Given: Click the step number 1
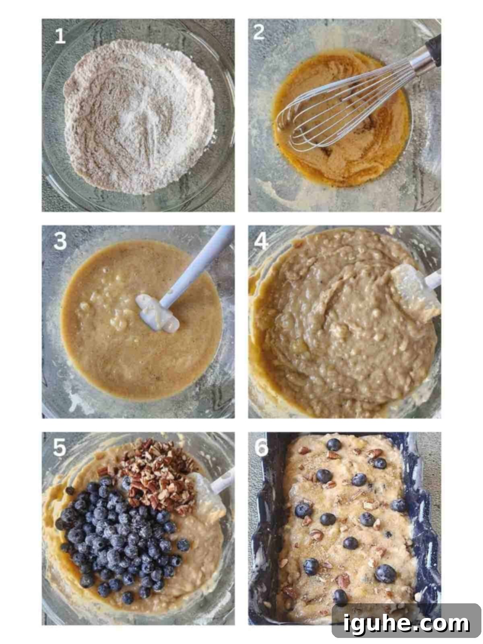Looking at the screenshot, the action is [60, 36].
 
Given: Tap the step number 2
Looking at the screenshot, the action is [259, 32].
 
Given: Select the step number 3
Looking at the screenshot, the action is [60, 241].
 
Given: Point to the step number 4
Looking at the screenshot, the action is [261, 242].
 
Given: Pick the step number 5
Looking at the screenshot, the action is [60, 448].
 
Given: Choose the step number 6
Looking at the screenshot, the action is [261, 448].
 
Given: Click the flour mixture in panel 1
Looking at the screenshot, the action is [139, 116].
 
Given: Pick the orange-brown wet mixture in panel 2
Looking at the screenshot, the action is [340, 120].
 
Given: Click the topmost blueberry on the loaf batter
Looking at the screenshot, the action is [334, 445].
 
